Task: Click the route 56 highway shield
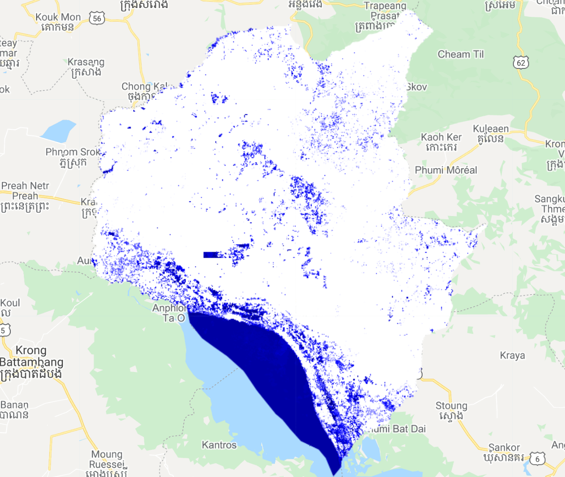[x=97, y=19]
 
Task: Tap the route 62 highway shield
[x=520, y=62]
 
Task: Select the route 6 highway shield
[x=537, y=459]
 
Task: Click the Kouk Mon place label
[x=58, y=17]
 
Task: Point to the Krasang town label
[x=86, y=62]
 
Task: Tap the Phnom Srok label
[x=73, y=152]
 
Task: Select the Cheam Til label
[x=461, y=54]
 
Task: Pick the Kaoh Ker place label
[x=441, y=137]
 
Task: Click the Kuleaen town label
[x=491, y=129]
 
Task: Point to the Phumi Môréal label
[x=446, y=170]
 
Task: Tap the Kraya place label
[x=512, y=356]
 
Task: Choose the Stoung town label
[x=451, y=406]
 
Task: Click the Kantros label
[x=219, y=445]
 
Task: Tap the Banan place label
[x=15, y=405]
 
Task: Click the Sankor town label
[x=504, y=447]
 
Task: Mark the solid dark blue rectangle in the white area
[x=211, y=255]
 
